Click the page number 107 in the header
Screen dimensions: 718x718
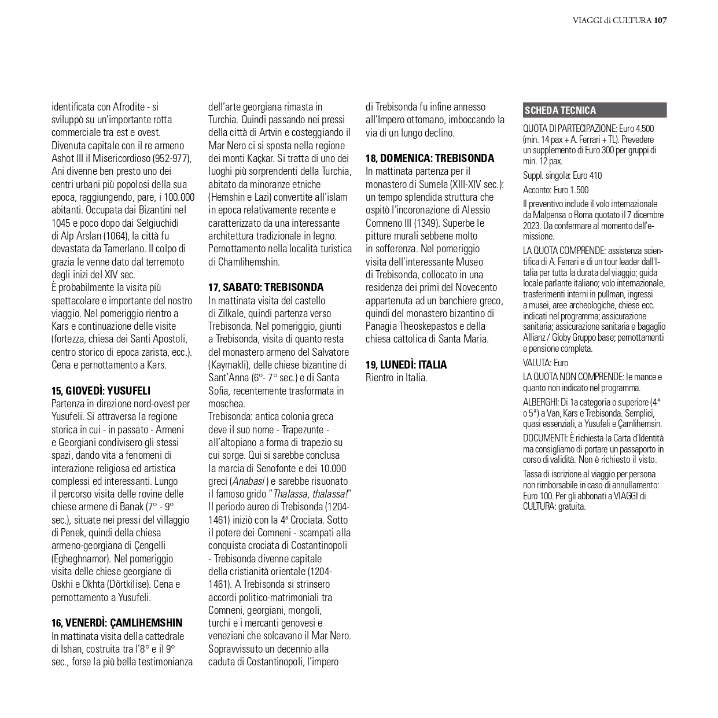(660, 21)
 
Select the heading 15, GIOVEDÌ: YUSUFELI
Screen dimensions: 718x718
(101, 391)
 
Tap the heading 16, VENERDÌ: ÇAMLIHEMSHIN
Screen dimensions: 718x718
(117, 623)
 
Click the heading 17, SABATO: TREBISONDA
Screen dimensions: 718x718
(266, 288)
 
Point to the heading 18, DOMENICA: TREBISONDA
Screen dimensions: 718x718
(430, 158)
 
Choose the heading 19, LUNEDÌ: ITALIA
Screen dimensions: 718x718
(406, 364)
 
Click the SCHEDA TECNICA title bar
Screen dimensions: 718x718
(594, 111)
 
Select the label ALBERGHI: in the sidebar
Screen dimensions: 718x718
(541, 402)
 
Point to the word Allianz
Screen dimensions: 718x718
(535, 338)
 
